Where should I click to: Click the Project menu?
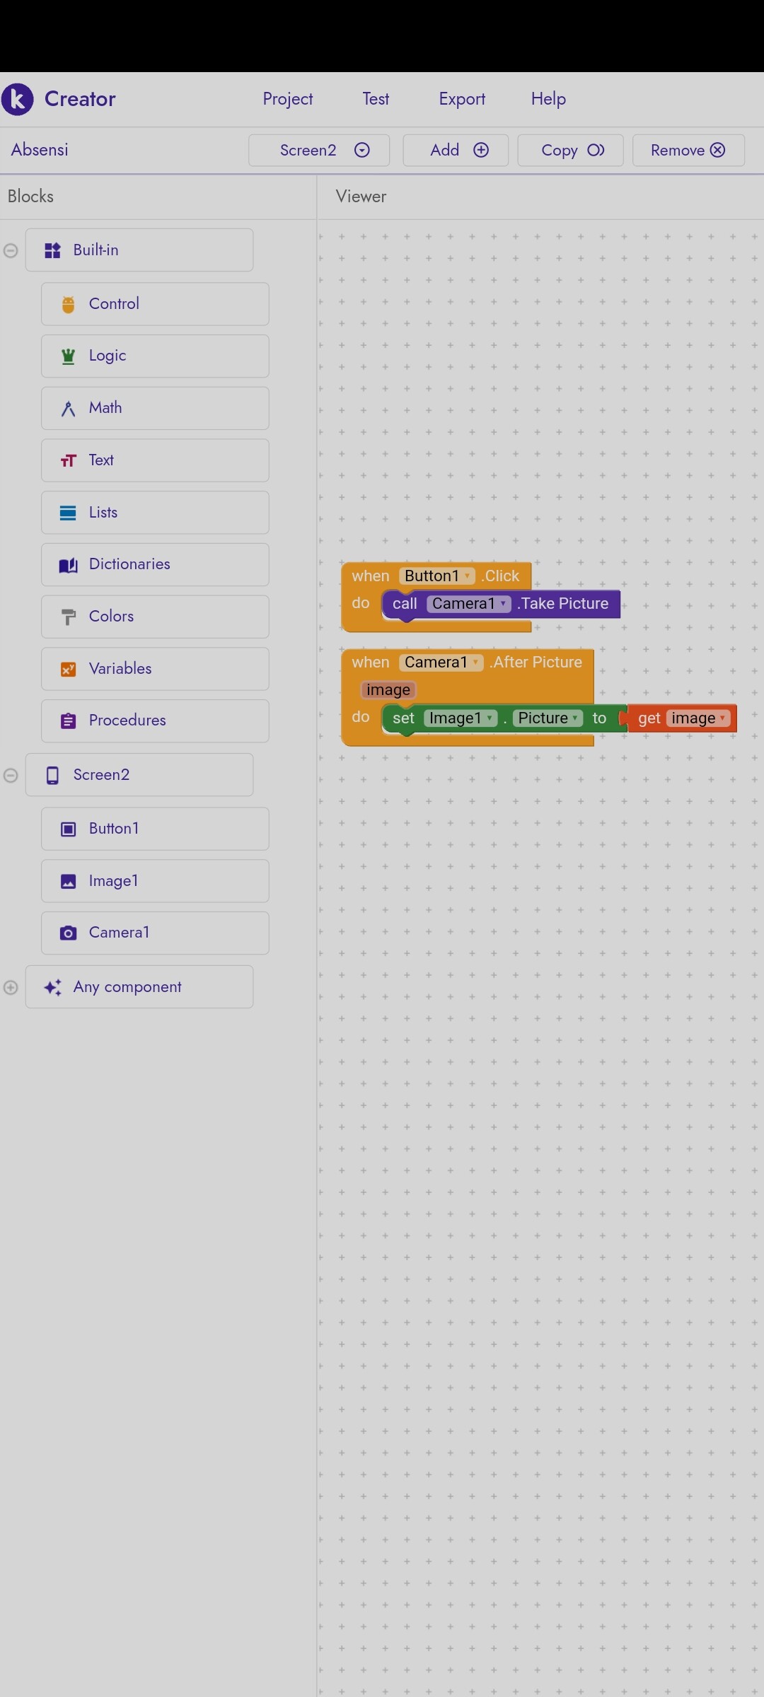(x=287, y=99)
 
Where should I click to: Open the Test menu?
(x=376, y=99)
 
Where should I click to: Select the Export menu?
(x=462, y=99)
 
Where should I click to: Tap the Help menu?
(x=548, y=99)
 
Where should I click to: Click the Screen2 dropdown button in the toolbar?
(x=319, y=150)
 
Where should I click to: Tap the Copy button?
(x=570, y=150)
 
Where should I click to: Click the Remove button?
(x=688, y=150)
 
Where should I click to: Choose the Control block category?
(x=155, y=304)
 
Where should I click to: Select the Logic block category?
(x=155, y=356)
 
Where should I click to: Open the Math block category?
(x=155, y=408)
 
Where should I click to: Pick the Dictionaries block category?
(x=155, y=564)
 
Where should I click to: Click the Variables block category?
(x=155, y=668)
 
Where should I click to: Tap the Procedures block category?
(x=155, y=721)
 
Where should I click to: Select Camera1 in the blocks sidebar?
(x=155, y=933)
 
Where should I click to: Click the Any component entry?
(x=139, y=986)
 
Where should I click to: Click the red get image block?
(x=681, y=718)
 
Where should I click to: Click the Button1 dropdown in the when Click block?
(x=436, y=576)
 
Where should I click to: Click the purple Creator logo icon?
(x=18, y=99)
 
